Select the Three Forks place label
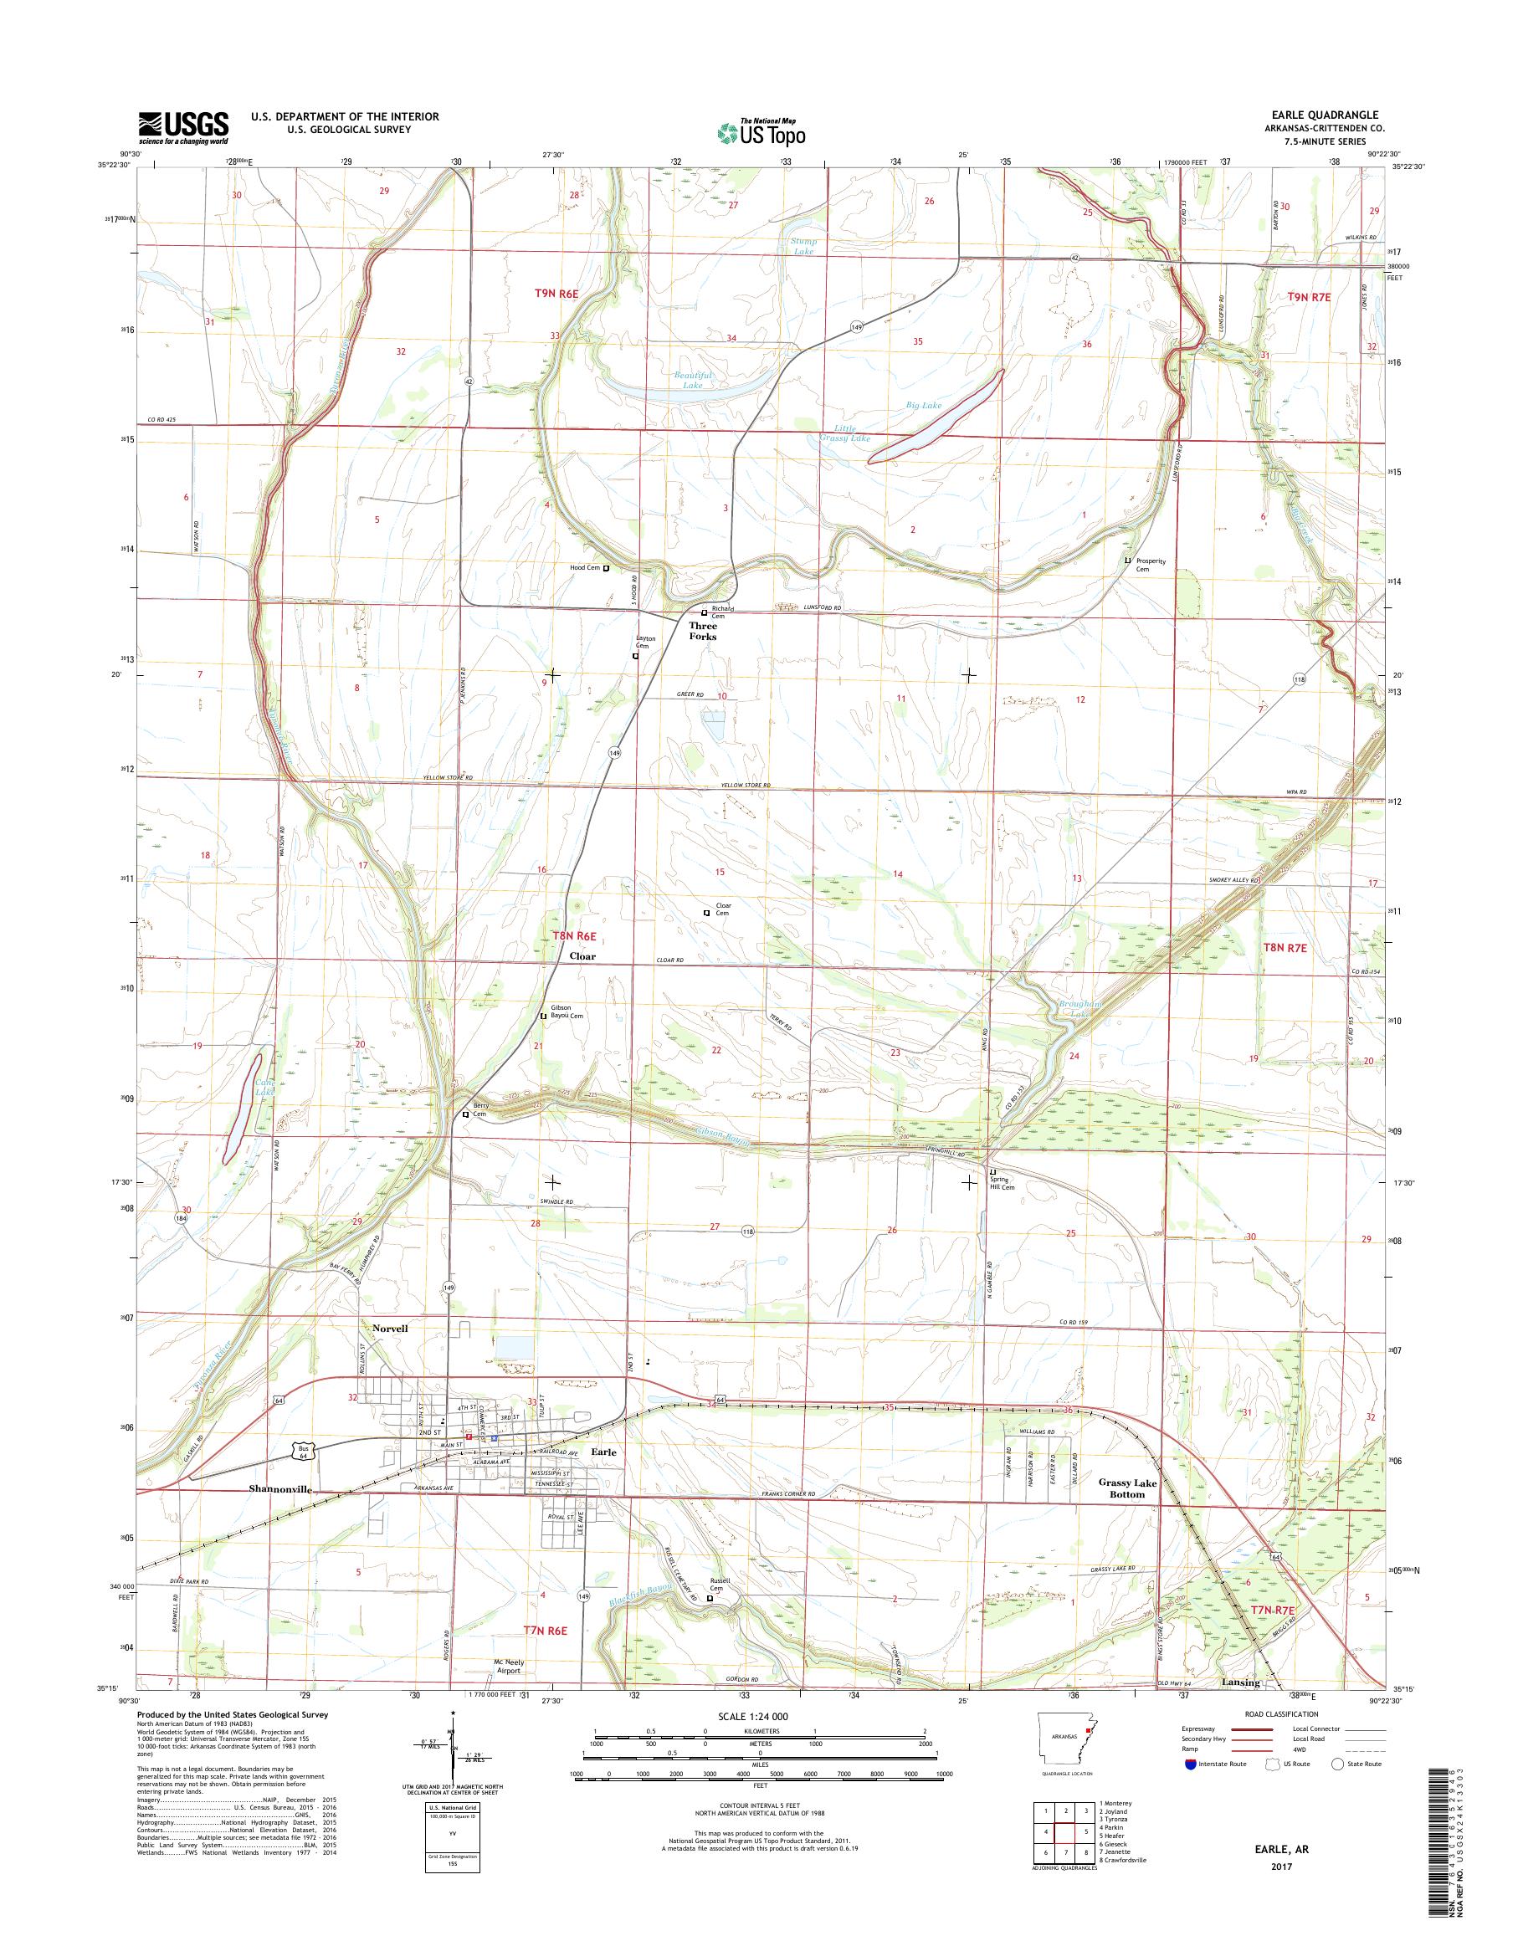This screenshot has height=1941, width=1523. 703,632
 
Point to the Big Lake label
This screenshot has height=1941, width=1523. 924,406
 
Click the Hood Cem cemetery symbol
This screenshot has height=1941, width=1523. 607,568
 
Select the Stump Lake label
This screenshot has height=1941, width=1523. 803,246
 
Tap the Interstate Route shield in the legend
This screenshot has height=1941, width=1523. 1189,1764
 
